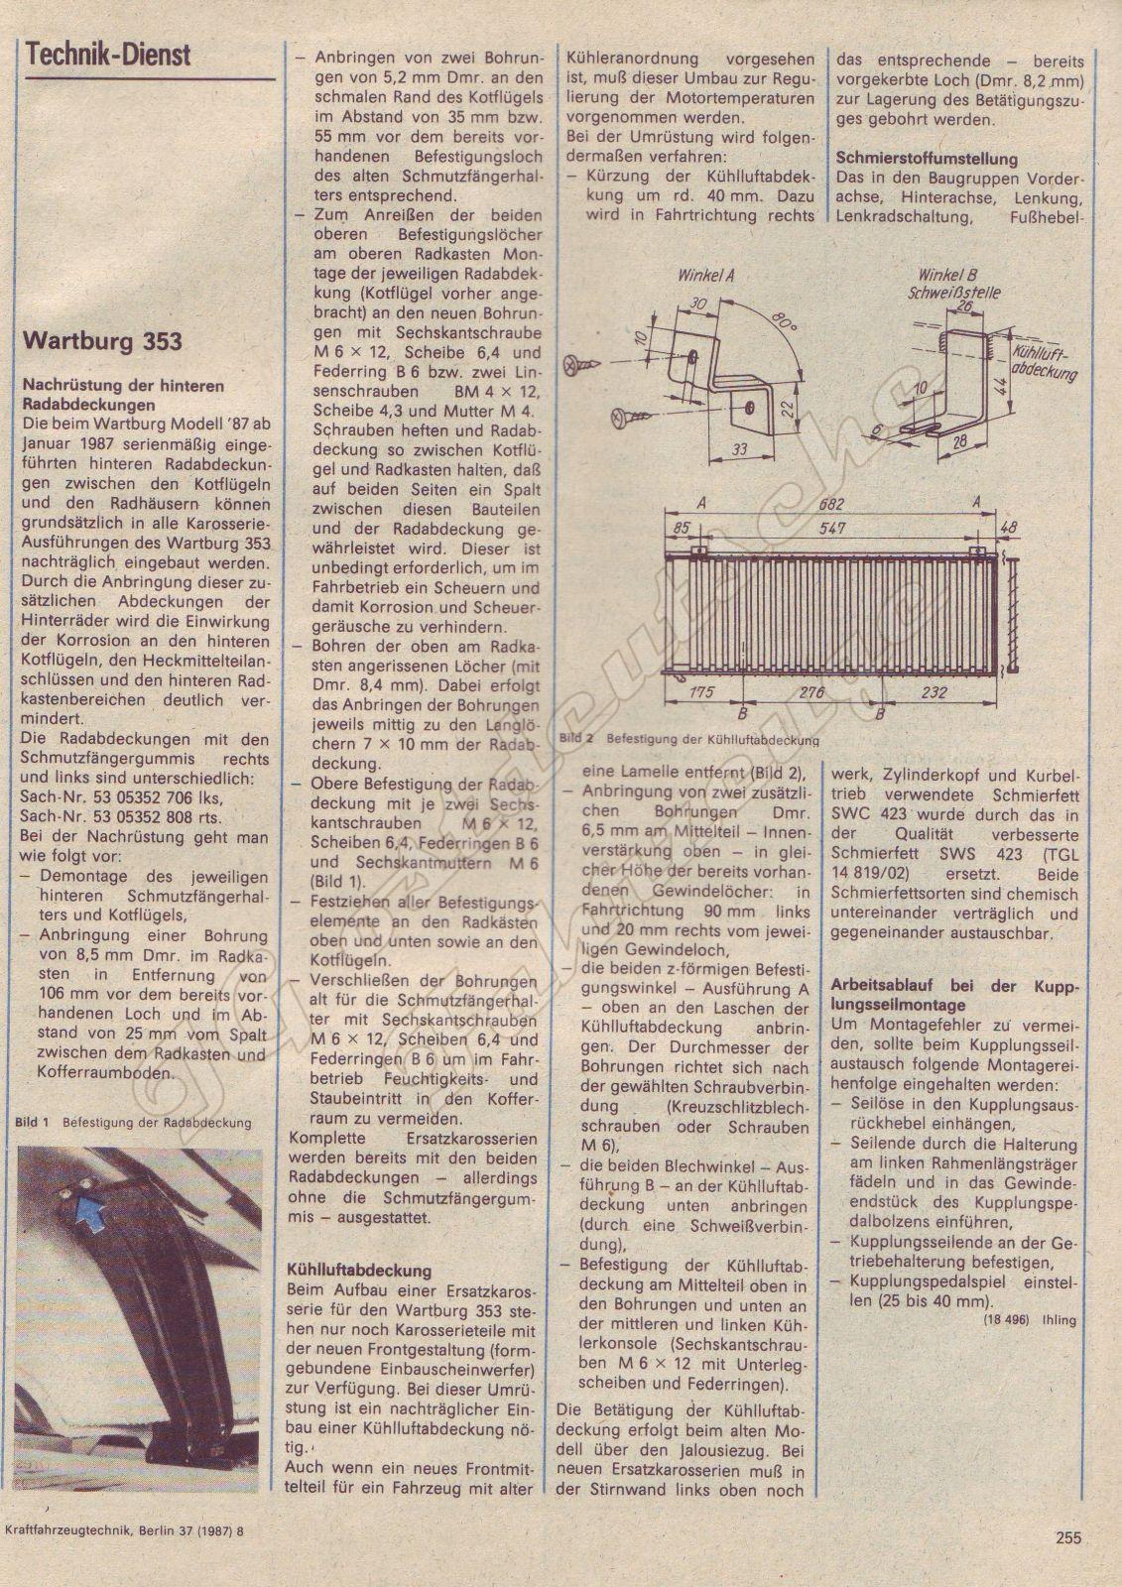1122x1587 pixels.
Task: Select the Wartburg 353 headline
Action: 102,341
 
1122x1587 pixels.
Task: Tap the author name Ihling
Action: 1059,1320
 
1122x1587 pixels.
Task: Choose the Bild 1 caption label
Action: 32,1122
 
